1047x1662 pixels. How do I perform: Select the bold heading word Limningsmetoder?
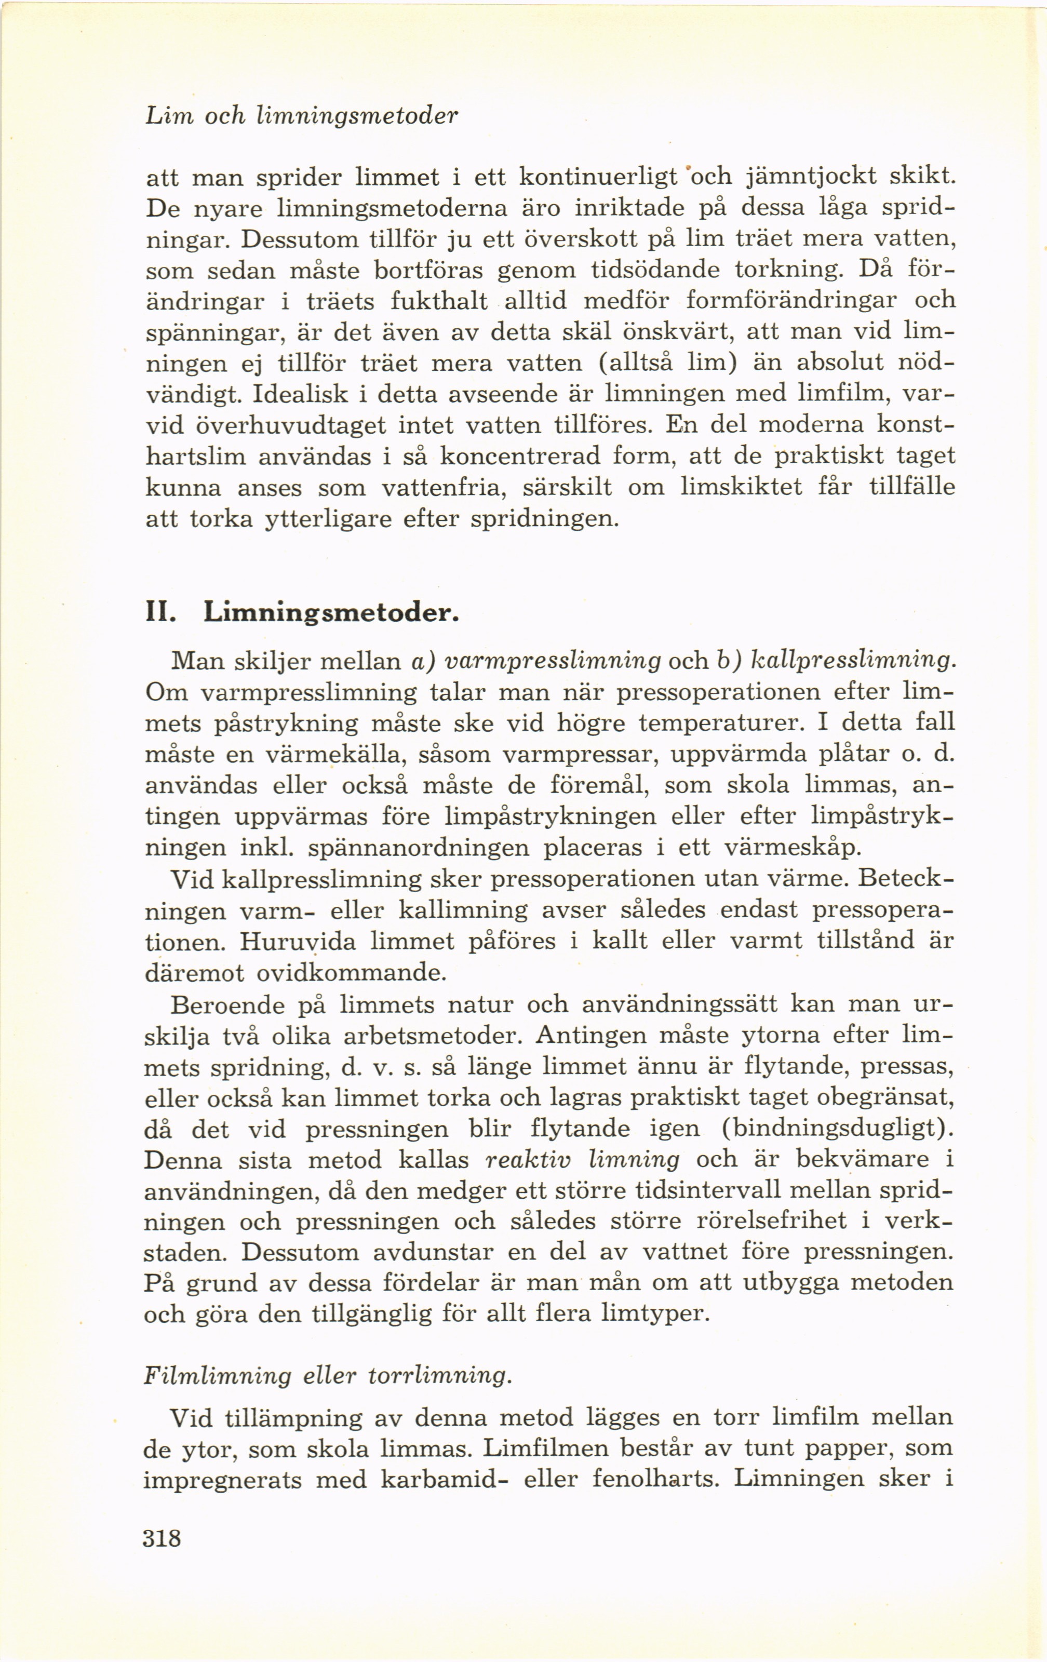pyautogui.click(x=331, y=613)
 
